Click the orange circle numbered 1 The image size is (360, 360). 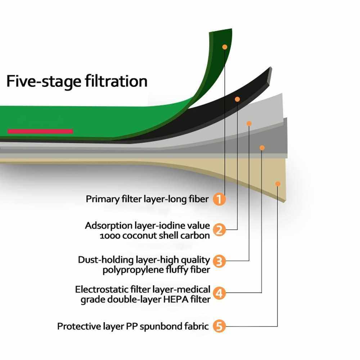coord(219,199)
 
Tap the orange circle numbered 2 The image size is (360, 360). coord(219,230)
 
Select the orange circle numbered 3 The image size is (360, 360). coord(219,261)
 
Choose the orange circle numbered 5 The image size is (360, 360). coord(219,327)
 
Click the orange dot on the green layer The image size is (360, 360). coord(225,47)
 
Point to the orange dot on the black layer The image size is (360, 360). coord(237,99)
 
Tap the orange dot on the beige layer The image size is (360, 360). coord(278,184)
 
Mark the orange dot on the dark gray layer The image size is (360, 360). coord(262,148)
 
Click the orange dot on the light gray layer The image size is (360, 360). coord(249,123)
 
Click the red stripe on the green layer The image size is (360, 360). coord(40,131)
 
